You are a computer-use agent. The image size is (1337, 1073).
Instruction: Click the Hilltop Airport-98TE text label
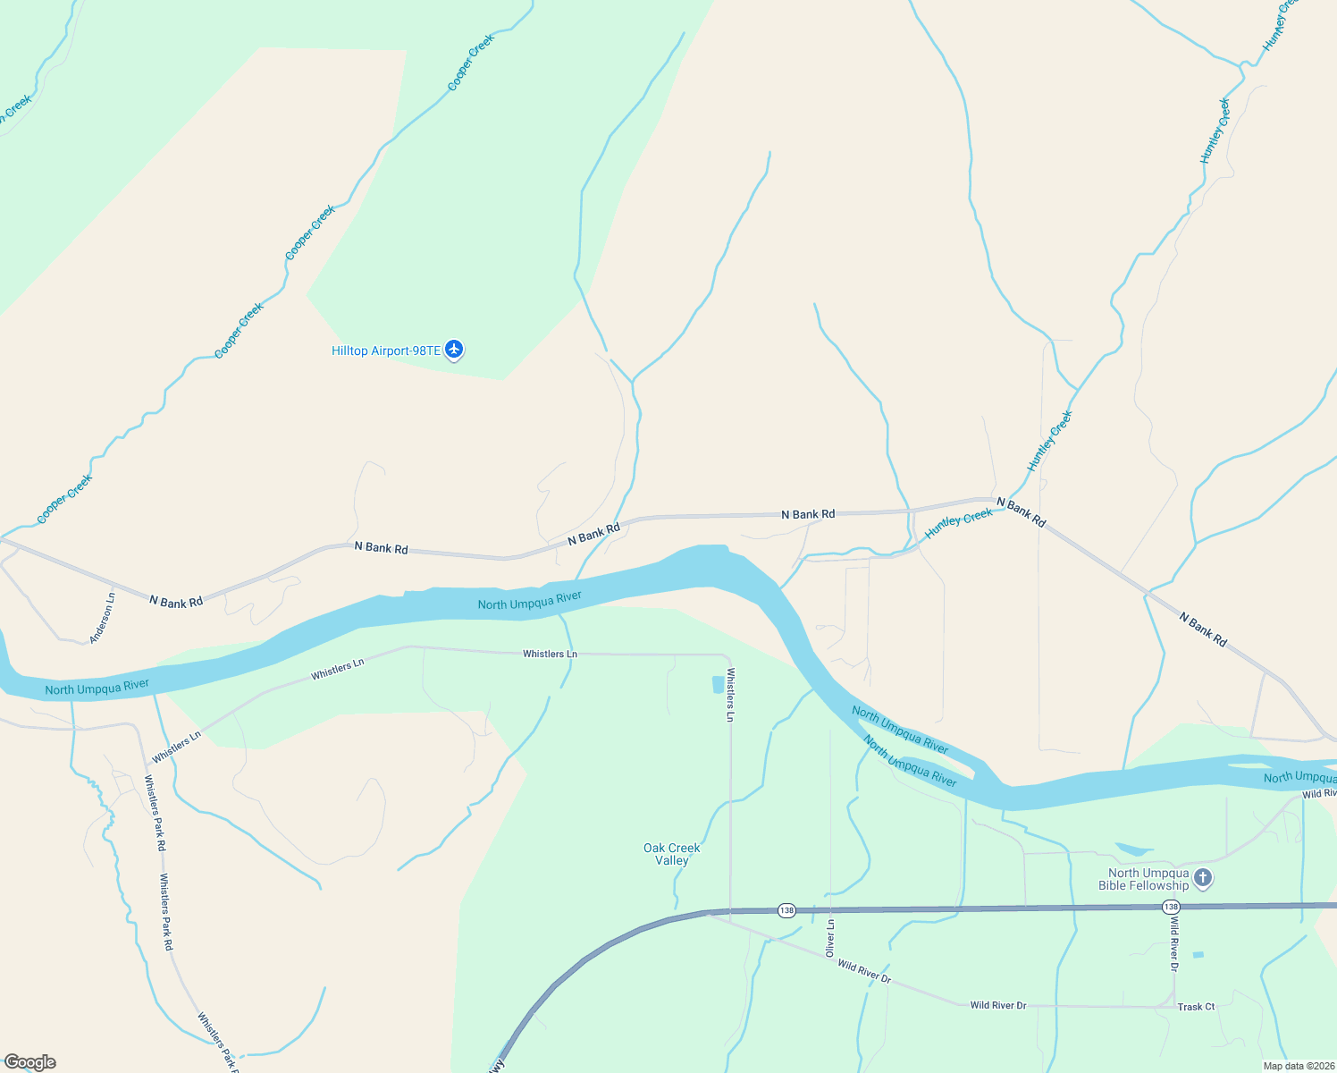tap(385, 351)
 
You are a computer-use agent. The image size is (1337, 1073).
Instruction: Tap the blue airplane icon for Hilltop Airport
tap(454, 350)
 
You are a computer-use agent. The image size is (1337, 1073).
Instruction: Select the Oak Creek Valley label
tap(672, 854)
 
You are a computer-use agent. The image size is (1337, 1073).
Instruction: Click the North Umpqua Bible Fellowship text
tap(1148, 879)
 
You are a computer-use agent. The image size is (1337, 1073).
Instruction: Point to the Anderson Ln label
tap(103, 618)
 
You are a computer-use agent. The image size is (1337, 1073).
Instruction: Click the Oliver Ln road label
tap(830, 938)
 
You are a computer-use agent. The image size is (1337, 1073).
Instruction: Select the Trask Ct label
tap(1196, 1007)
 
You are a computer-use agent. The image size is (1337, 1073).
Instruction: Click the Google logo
tap(30, 1062)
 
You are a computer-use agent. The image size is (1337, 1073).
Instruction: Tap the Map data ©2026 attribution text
tap(1298, 1066)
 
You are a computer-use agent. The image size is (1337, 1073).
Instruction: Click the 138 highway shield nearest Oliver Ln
tap(786, 910)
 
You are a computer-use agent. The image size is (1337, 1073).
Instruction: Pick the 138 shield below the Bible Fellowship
tap(1171, 907)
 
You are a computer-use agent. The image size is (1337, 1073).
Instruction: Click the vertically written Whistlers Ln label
tap(730, 695)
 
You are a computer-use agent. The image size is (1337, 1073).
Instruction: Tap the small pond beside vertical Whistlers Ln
tap(718, 685)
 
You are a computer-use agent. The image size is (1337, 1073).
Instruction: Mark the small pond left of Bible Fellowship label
tap(1133, 849)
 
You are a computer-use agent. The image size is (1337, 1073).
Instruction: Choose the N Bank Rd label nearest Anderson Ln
tap(176, 602)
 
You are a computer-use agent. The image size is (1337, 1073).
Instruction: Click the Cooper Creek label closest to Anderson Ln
tap(64, 499)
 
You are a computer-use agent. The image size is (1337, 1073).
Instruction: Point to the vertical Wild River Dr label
tap(1174, 944)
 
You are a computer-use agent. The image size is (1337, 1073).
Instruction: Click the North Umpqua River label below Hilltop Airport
tap(529, 600)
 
